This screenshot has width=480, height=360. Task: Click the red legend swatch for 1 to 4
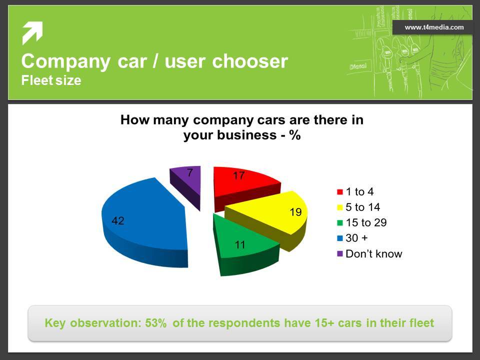click(340, 192)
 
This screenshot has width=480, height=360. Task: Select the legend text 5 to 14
click(363, 207)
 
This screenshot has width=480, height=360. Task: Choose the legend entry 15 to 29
click(362, 222)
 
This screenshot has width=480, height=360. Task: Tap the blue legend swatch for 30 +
click(340, 238)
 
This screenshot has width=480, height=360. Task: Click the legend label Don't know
click(374, 254)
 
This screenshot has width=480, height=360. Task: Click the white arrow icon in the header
click(32, 33)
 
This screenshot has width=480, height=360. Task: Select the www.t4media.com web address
click(434, 27)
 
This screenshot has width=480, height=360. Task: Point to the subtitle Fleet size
click(51, 80)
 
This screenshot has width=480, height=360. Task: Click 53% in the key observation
click(156, 323)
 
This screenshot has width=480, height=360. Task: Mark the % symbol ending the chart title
click(295, 135)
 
